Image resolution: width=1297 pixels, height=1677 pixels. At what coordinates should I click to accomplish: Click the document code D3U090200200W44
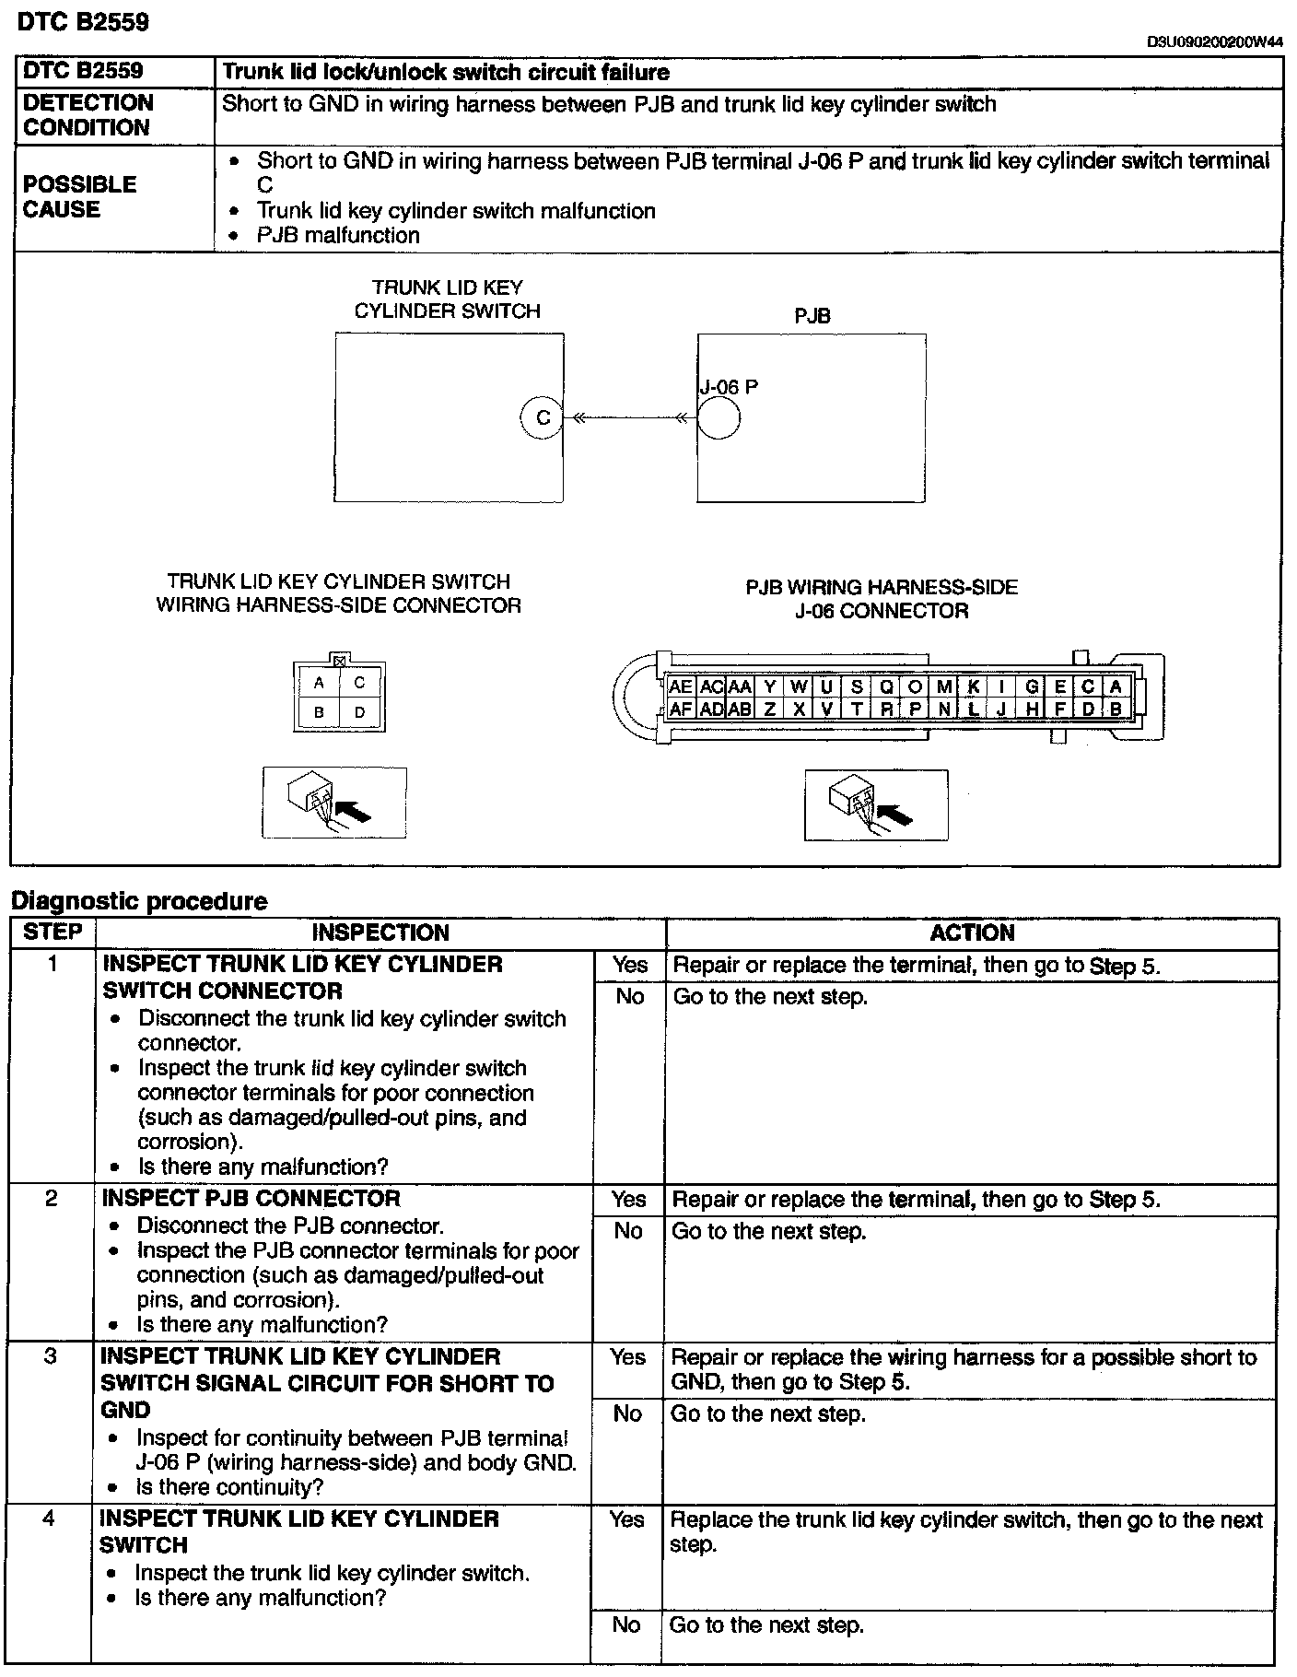1214,41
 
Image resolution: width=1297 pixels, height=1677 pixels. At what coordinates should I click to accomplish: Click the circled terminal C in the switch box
543,418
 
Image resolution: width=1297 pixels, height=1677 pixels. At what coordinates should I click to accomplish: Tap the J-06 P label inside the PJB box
729,387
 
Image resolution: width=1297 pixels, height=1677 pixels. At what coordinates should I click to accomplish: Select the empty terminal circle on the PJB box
719,419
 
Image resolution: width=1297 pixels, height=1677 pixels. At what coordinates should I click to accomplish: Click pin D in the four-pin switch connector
359,711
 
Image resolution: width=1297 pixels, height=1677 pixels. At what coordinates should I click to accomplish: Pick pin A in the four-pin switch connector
319,683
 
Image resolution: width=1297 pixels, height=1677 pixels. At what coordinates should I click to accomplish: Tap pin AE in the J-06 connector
681,686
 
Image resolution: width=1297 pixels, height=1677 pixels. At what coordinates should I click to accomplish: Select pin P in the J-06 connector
915,709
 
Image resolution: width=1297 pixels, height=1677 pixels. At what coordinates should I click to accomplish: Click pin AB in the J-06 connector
740,709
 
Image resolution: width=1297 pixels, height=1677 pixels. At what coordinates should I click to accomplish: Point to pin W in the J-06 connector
799,686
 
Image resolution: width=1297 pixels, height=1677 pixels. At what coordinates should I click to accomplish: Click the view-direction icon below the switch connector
334,803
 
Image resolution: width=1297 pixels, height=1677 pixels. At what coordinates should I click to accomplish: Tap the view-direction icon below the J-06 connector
875,804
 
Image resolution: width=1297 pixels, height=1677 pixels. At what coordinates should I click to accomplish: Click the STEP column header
53,932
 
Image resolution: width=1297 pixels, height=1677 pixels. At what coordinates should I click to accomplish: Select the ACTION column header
972,932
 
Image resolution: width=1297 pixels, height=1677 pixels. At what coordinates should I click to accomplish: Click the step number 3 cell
50,1357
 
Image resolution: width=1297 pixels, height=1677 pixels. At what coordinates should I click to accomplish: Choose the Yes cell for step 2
629,1199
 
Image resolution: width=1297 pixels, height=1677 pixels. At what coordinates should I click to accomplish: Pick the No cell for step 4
626,1624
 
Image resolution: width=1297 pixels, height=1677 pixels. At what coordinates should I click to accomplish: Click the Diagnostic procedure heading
138,901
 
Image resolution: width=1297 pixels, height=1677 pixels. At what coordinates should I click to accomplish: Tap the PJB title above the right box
812,316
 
